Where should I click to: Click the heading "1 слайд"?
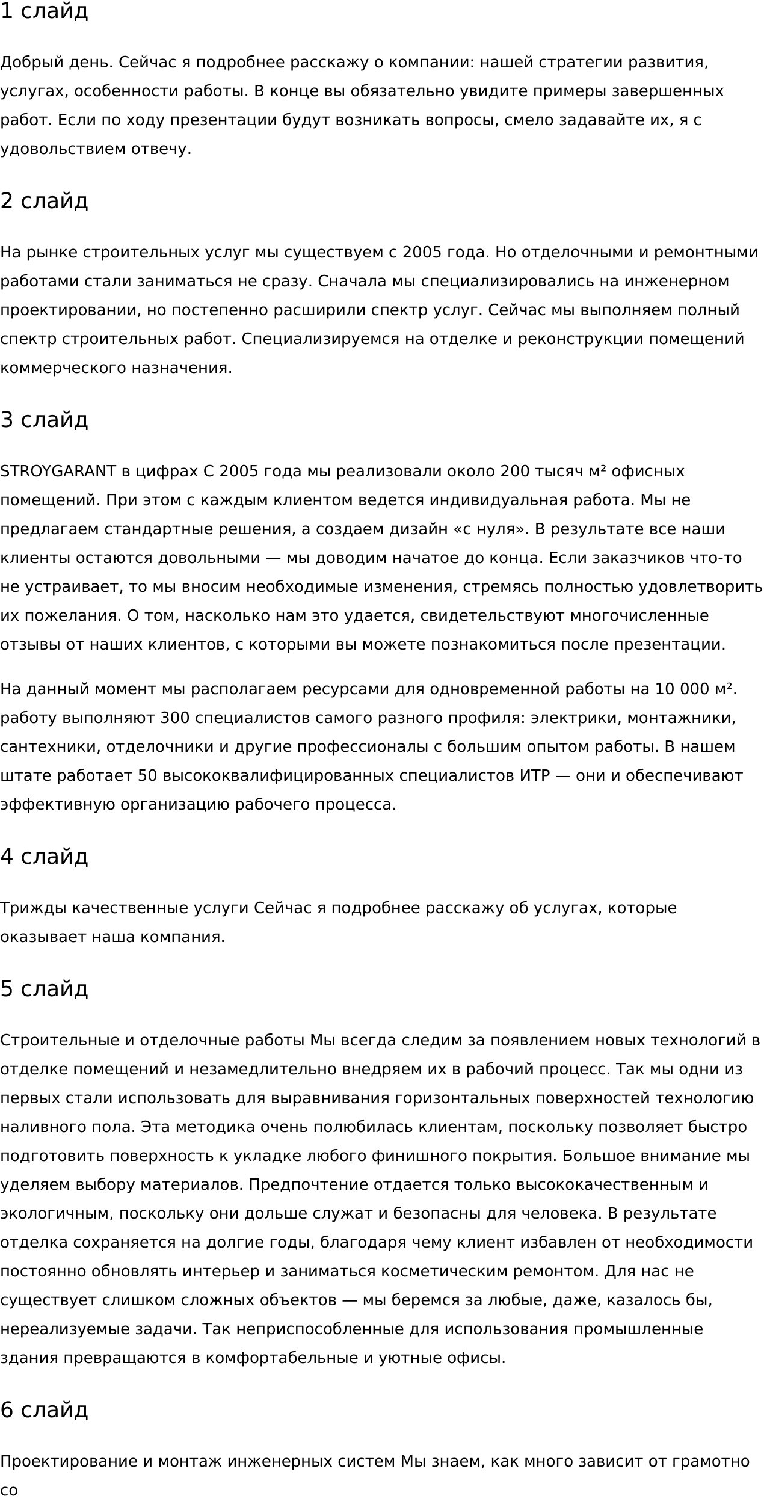44,11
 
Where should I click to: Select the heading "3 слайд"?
44,420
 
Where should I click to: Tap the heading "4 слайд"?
44,856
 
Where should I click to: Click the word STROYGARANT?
58,471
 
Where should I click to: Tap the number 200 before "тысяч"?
514,471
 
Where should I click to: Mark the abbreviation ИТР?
535,776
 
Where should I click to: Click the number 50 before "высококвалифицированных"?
147,776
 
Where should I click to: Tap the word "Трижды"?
33,908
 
